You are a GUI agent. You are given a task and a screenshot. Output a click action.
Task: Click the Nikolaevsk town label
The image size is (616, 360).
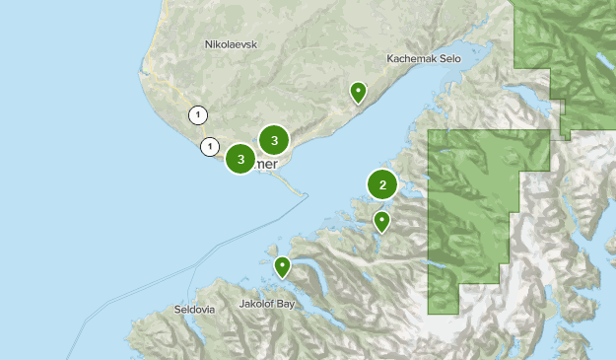click(x=230, y=44)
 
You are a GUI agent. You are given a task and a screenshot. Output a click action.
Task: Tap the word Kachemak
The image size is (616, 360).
click(x=412, y=58)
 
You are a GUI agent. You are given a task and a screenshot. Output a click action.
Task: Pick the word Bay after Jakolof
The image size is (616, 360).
click(x=286, y=305)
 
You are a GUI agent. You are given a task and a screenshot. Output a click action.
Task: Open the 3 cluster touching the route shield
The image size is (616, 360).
click(x=240, y=158)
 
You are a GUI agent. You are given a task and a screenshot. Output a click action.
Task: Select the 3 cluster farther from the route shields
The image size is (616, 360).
click(x=274, y=140)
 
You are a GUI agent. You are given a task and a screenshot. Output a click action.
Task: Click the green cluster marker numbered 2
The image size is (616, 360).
click(x=382, y=183)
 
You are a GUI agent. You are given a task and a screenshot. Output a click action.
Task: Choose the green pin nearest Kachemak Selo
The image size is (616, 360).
click(x=359, y=93)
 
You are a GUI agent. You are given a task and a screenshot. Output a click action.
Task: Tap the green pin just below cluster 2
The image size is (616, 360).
click(x=381, y=221)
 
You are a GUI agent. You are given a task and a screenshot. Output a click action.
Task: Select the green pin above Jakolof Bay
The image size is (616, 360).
click(x=283, y=265)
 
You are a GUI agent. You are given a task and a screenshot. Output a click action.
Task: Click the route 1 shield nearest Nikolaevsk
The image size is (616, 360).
click(x=199, y=115)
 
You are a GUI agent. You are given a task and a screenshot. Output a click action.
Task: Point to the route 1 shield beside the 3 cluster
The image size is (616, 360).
click(x=209, y=147)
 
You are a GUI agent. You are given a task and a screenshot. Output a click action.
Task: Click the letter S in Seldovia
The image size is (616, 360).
click(x=176, y=309)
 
